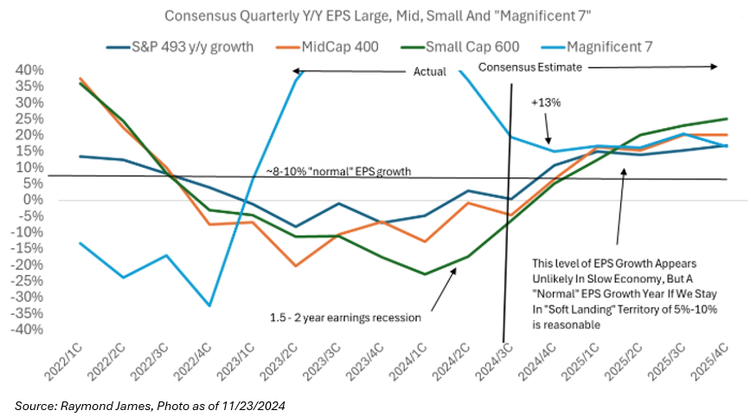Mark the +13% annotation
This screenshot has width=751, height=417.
click(x=547, y=102)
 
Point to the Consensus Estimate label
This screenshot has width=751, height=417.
click(x=530, y=67)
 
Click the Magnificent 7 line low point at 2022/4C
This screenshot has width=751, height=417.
click(x=209, y=305)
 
